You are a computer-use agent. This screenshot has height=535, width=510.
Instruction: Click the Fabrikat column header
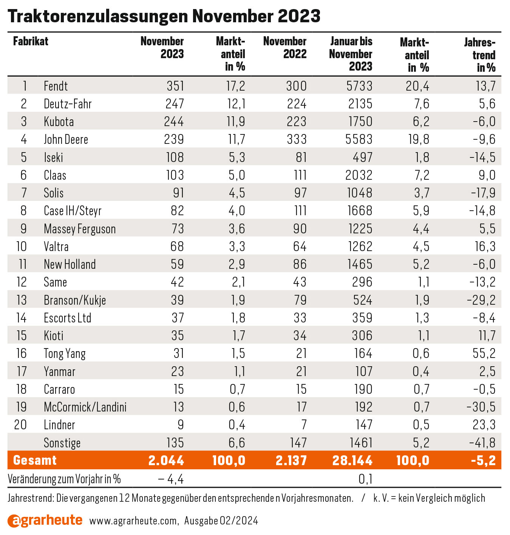coord(31,42)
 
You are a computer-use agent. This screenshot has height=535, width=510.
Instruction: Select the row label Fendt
coord(56,86)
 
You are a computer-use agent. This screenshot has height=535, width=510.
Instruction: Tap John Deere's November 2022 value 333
coord(297,139)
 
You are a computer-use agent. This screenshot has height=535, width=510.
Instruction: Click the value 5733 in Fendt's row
coord(359,86)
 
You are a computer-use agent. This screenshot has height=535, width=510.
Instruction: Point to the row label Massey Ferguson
coord(80,229)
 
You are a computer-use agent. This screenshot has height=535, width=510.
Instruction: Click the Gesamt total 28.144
coord(352,461)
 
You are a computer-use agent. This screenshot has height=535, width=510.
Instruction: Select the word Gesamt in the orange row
coord(35,460)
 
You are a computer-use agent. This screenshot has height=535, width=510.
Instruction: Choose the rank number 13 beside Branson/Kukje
coord(22,300)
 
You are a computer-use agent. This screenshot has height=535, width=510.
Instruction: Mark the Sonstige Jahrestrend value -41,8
coord(482,443)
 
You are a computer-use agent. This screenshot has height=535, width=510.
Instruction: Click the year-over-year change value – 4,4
coord(171,479)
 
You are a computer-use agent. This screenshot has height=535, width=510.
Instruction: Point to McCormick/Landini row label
coord(85,407)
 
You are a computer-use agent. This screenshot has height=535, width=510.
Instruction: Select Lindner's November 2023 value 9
coord(181,425)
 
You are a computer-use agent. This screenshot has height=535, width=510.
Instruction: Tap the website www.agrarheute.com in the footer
coord(134,521)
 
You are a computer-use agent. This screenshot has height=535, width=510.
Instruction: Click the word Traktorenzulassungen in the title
coord(98,16)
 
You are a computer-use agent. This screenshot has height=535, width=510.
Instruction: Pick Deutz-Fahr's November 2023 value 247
coord(175,104)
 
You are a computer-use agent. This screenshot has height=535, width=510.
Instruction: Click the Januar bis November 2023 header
coord(351,54)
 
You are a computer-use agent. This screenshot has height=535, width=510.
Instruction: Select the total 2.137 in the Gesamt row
coord(291,461)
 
